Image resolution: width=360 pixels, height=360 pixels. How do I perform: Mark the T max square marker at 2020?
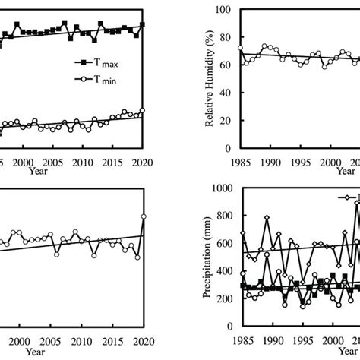142,24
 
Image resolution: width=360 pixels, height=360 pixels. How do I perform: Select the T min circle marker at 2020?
142,110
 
